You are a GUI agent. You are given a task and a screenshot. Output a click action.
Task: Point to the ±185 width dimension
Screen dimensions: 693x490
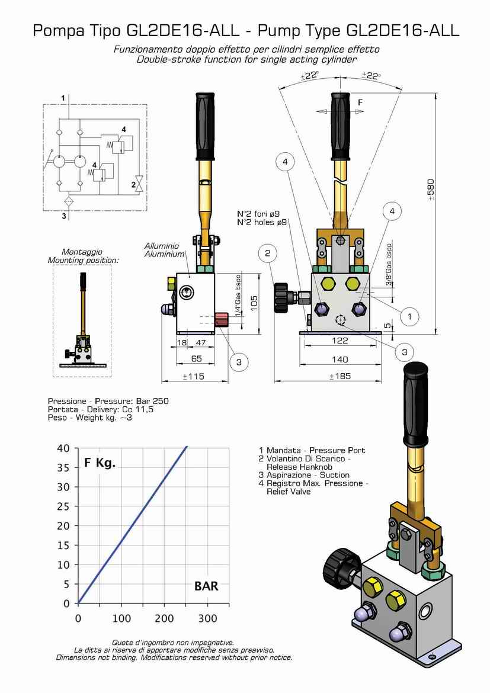pyautogui.click(x=340, y=377)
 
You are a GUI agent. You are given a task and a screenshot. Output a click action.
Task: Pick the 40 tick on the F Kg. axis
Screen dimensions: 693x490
pyautogui.click(x=63, y=448)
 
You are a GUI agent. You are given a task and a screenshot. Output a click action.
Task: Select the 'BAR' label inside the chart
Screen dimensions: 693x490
pyautogui.click(x=206, y=586)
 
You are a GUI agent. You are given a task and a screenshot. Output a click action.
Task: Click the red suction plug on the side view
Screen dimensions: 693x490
pyautogui.click(x=221, y=319)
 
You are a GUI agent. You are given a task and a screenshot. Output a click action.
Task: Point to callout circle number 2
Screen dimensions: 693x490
pyautogui.click(x=268, y=254)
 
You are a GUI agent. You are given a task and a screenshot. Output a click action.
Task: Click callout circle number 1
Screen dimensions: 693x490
pyautogui.click(x=409, y=316)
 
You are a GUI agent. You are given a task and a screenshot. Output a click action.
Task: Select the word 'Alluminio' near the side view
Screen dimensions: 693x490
pyautogui.click(x=161, y=245)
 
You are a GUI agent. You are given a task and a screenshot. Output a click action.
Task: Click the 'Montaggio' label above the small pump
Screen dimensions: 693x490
pyautogui.click(x=82, y=252)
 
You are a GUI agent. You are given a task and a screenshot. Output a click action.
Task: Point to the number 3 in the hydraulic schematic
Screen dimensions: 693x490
pyautogui.click(x=64, y=216)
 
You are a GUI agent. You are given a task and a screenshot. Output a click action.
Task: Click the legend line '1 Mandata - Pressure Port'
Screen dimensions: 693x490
pyautogui.click(x=312, y=450)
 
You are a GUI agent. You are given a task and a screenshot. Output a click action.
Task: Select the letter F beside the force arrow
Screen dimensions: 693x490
pyautogui.click(x=360, y=102)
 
